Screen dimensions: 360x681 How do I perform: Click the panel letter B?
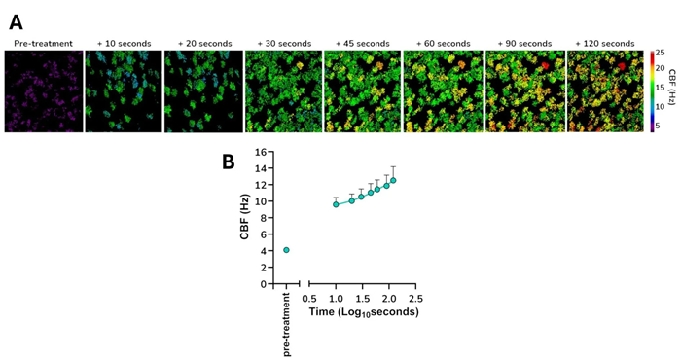(228, 162)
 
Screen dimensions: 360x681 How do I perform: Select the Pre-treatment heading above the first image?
(43, 44)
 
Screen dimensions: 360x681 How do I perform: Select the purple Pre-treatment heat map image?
(43, 91)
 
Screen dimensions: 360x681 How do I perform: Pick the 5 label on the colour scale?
(658, 126)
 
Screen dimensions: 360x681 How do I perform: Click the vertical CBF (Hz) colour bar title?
(672, 90)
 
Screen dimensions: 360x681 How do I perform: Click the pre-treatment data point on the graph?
(286, 250)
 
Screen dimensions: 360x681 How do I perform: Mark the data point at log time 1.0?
(336, 204)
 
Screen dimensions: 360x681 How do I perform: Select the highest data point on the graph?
(393, 180)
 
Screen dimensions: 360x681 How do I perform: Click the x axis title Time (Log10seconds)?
(363, 312)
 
